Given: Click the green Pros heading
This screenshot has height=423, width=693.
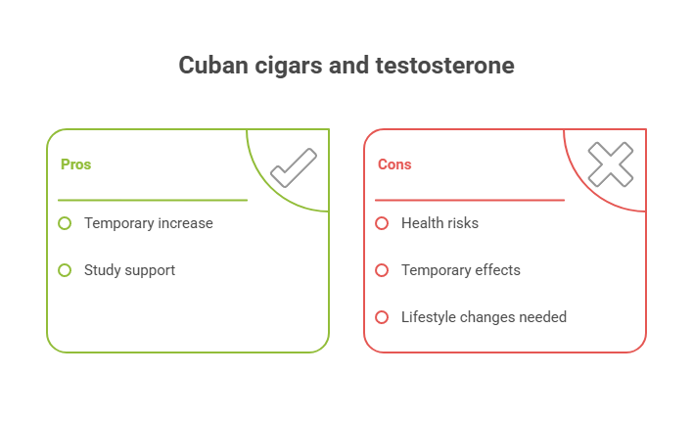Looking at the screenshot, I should pos(75,164).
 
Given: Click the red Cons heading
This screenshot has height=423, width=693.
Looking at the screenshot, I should pos(394,164).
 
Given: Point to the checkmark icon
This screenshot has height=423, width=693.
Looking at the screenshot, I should pos(293,167).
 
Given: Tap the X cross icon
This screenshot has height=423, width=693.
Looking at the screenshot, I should pos(610,164).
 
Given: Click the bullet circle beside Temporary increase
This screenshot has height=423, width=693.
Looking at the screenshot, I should pos(65,223).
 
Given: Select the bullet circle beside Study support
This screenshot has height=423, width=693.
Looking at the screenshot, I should pos(65,270).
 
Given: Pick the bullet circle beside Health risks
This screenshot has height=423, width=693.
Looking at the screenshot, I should pos(382,223).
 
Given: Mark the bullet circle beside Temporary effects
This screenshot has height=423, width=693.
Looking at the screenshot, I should pos(382,270).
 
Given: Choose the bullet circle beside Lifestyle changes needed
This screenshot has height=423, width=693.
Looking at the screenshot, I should pos(382,317).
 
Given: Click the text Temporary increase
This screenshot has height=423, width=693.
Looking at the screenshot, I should pos(148,223).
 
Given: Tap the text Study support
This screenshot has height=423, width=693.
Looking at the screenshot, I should pos(129,270).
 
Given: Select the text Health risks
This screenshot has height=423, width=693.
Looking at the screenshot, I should pos(439,223).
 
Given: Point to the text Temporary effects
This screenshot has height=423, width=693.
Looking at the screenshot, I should pos(460,270).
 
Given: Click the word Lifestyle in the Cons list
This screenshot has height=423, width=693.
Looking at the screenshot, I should pos(428,317).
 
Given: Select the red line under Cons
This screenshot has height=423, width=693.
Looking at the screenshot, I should pos(470,200).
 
